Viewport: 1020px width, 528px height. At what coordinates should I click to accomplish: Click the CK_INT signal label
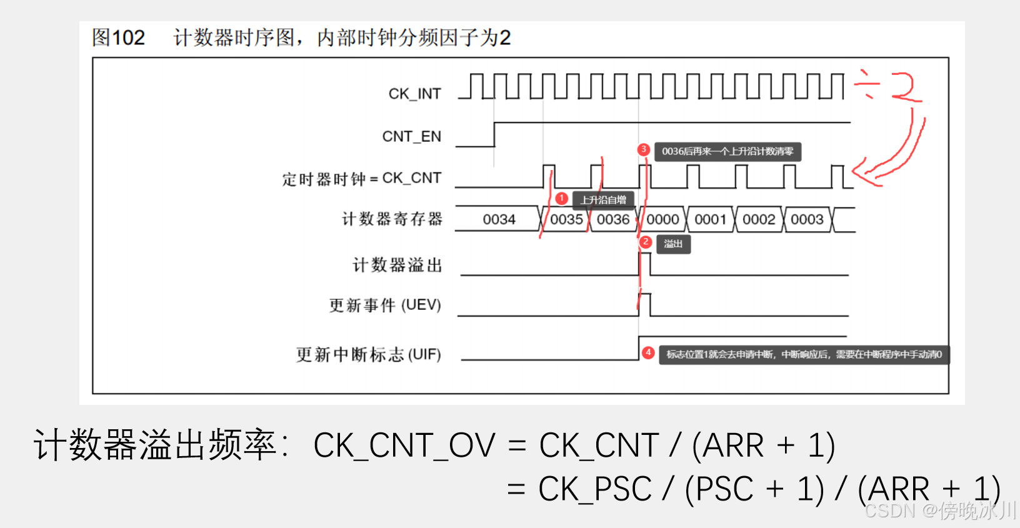click(x=414, y=94)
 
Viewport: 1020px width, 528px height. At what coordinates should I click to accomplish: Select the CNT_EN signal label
click(x=411, y=136)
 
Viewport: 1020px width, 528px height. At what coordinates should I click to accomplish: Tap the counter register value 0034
click(x=499, y=219)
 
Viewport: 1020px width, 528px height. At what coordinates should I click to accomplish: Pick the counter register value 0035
click(x=566, y=219)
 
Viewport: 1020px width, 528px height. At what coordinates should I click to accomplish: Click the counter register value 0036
click(x=612, y=219)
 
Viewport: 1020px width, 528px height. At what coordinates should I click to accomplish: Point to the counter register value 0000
click(x=662, y=219)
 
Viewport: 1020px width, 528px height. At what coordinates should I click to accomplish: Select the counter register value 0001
click(x=711, y=219)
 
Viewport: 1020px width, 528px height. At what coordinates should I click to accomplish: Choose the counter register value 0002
click(x=759, y=219)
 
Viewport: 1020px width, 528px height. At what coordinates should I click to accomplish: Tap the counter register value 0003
click(x=807, y=219)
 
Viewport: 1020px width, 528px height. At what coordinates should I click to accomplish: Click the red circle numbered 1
click(x=562, y=199)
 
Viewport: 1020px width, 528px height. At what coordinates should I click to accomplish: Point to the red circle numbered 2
click(x=646, y=242)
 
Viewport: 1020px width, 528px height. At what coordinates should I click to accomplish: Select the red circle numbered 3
click(x=643, y=149)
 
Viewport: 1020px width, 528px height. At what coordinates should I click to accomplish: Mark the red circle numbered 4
click(x=649, y=353)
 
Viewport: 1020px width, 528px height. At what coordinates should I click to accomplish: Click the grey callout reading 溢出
click(x=673, y=244)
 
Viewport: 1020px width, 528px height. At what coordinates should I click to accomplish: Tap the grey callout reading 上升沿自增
click(x=603, y=200)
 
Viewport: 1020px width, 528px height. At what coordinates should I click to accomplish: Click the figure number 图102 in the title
click(x=118, y=37)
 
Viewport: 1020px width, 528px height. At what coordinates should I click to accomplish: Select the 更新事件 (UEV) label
click(x=385, y=305)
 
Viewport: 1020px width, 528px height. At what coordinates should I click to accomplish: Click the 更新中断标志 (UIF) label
click(x=368, y=354)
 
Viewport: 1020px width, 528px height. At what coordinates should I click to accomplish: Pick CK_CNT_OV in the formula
click(x=404, y=446)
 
